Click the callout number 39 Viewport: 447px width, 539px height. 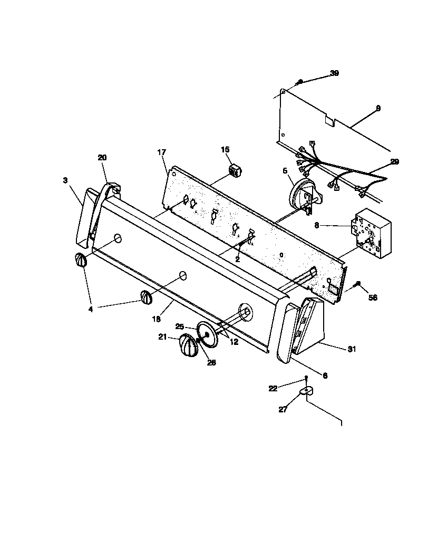[x=334, y=73]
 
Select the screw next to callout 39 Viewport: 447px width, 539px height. [x=300, y=82]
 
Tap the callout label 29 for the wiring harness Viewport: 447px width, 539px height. [x=394, y=162]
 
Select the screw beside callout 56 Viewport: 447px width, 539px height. [x=358, y=285]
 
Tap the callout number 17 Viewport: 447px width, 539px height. [x=161, y=152]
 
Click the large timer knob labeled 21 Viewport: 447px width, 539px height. [x=186, y=346]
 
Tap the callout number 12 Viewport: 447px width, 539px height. [x=234, y=342]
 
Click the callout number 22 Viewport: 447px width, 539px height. [x=273, y=388]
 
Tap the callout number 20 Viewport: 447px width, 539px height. [x=102, y=157]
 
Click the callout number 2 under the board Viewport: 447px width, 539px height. [x=237, y=259]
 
